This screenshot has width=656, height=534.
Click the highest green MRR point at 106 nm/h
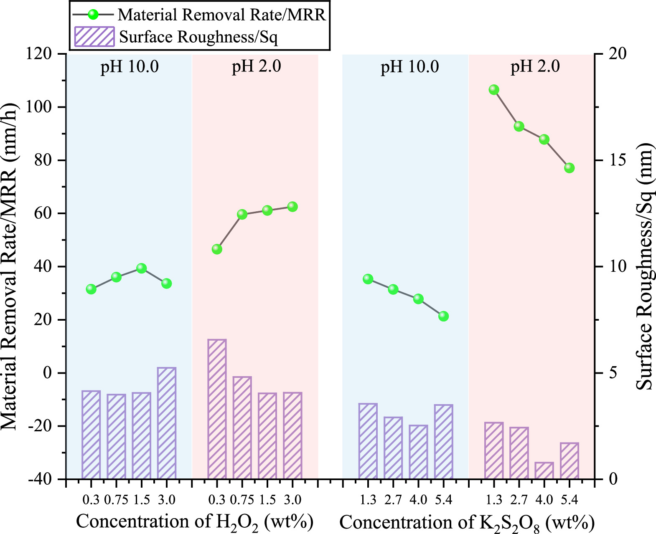tap(494, 90)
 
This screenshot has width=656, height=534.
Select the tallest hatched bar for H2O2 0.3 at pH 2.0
tap(217, 409)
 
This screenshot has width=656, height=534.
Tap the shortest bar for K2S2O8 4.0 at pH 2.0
tap(544, 471)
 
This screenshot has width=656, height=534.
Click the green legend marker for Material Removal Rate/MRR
tap(93, 15)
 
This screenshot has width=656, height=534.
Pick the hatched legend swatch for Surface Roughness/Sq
tap(94, 37)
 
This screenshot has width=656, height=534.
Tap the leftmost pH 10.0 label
tap(130, 67)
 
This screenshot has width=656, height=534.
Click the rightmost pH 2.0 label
tap(535, 67)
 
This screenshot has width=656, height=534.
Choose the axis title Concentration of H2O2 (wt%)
tap(195, 522)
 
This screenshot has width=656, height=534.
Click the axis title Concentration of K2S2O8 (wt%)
tap(467, 523)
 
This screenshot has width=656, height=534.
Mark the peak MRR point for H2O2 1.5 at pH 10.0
tap(141, 268)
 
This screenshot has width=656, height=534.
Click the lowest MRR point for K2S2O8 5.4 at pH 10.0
tap(443, 316)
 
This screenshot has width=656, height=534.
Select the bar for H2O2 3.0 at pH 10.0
tap(167, 423)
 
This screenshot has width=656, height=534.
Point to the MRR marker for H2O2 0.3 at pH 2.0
tap(217, 249)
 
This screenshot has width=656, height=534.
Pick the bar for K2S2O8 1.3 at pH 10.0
tap(368, 441)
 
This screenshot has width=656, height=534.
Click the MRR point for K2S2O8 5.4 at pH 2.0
tap(569, 168)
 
